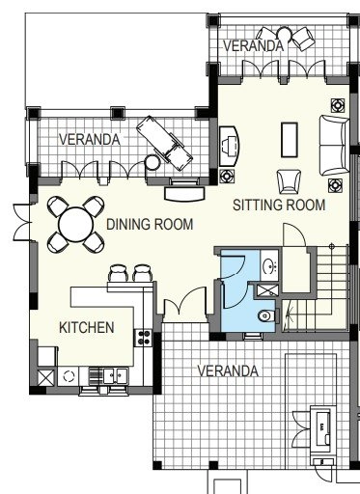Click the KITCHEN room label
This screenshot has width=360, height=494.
87,328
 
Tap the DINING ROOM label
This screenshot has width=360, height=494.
150,224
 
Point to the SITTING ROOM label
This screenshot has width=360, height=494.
279,206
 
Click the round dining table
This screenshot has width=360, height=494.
76,225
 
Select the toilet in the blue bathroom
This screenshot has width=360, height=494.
266,316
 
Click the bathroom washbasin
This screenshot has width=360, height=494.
269,265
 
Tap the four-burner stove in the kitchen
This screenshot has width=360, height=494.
143,338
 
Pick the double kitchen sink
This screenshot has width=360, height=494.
116,375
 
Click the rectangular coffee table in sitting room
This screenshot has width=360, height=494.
290,140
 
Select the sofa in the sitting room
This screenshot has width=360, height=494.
334,146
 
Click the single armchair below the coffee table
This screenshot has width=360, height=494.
289,181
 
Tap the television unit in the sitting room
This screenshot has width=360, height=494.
229,146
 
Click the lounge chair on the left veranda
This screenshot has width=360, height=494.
164,143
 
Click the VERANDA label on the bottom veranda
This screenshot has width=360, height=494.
228,370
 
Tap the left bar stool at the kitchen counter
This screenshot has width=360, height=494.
119,273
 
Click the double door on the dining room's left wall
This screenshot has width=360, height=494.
22,222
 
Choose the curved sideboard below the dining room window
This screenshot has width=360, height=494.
184,194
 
